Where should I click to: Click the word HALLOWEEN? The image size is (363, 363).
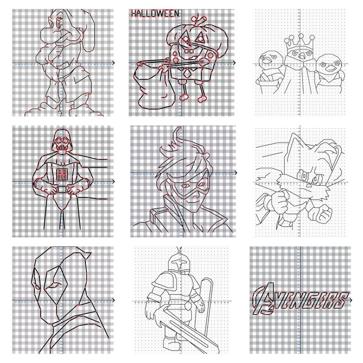[155, 14]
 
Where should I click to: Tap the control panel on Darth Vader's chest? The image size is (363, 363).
[61, 172]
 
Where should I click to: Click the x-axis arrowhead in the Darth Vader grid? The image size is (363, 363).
[113, 181]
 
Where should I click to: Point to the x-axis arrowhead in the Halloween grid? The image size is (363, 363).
[235, 63]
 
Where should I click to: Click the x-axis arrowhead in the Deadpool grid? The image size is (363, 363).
[113, 300]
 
